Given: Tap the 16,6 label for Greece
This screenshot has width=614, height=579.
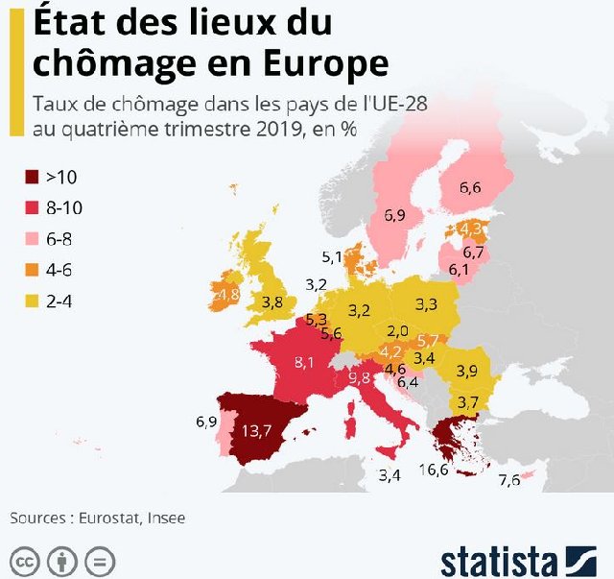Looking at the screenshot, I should click(x=434, y=470).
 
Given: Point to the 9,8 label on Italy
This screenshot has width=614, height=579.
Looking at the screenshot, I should click(x=360, y=377).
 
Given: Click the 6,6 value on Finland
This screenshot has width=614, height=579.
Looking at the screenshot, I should click(x=470, y=187).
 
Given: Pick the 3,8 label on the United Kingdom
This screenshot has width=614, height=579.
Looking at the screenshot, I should click(x=272, y=302).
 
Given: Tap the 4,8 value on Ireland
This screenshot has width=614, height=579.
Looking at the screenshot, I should click(x=227, y=293).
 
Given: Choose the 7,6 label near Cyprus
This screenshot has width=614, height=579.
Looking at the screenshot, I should click(x=509, y=480).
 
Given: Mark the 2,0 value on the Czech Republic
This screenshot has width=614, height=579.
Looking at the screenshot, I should click(x=397, y=331).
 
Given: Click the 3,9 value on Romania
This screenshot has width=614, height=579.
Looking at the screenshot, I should click(x=467, y=371).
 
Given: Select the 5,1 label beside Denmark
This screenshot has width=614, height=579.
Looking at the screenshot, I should click(x=332, y=256).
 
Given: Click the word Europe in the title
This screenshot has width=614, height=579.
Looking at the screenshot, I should click(x=321, y=63).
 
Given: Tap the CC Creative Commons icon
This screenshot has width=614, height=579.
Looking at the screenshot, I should click(x=25, y=560).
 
